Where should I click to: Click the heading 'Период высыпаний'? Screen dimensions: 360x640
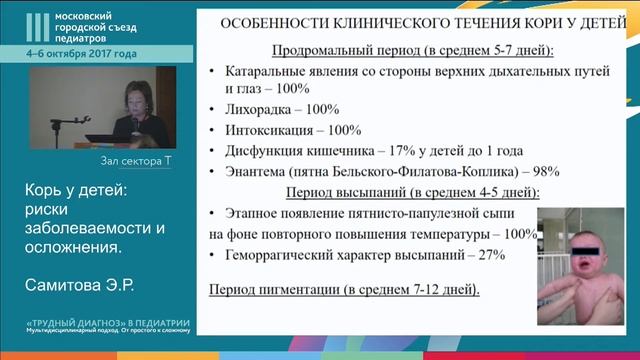[345, 191]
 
